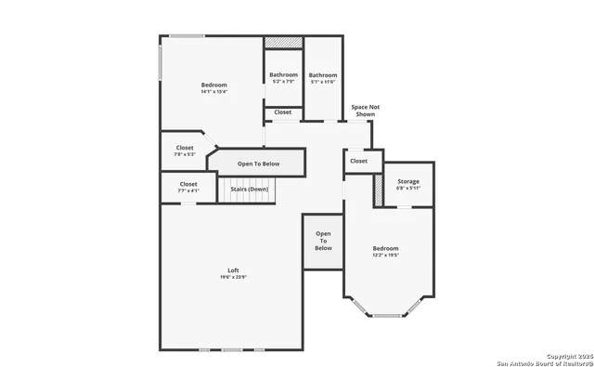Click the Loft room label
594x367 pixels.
(x=234, y=270)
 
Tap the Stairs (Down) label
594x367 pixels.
(x=250, y=189)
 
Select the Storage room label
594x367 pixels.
(x=408, y=181)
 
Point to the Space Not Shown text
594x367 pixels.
(x=365, y=111)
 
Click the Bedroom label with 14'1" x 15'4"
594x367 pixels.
(x=213, y=85)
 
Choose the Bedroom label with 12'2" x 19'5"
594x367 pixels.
(x=385, y=248)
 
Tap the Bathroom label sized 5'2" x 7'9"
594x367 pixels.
(x=283, y=75)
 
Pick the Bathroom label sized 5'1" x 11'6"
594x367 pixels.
(x=323, y=75)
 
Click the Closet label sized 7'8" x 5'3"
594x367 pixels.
(x=185, y=148)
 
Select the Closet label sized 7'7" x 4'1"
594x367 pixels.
(x=188, y=184)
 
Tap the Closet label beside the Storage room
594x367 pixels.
(x=358, y=161)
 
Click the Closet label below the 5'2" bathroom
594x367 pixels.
(x=283, y=112)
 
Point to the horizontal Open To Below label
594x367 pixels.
(x=258, y=164)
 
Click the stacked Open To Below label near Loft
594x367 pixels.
(x=323, y=241)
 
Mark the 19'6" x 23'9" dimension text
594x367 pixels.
(x=234, y=278)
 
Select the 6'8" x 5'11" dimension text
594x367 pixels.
(x=408, y=189)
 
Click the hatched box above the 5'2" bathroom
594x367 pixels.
(x=283, y=43)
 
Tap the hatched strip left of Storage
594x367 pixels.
(x=379, y=190)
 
